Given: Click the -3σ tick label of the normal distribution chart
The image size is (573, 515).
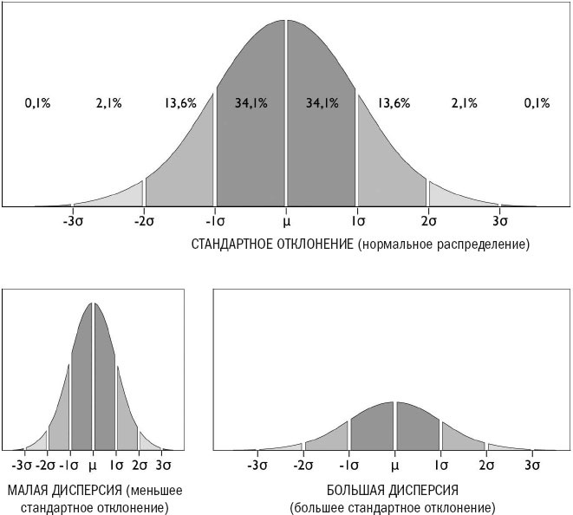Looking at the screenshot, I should [x=74, y=221].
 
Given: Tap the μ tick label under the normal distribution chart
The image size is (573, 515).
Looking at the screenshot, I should [x=286, y=221].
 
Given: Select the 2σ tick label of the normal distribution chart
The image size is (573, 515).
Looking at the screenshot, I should [x=428, y=221].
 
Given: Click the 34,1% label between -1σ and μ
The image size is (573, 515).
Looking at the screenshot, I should [x=251, y=103].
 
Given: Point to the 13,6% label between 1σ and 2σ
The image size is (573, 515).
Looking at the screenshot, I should [x=394, y=103].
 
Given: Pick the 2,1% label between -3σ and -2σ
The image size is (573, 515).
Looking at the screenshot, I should [x=108, y=103].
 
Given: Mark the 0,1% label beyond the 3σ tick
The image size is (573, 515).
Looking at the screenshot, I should [x=537, y=103].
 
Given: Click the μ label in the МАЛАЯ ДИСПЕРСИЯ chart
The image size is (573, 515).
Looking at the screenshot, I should [x=93, y=465].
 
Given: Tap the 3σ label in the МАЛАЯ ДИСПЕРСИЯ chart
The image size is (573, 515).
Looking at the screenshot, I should [x=162, y=465].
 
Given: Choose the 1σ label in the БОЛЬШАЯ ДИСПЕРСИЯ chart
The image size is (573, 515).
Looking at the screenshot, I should [x=440, y=465].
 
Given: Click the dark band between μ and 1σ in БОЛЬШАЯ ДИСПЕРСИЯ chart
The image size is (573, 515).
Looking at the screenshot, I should [x=418, y=429].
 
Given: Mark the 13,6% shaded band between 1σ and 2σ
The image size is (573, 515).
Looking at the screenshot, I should [x=386, y=156].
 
